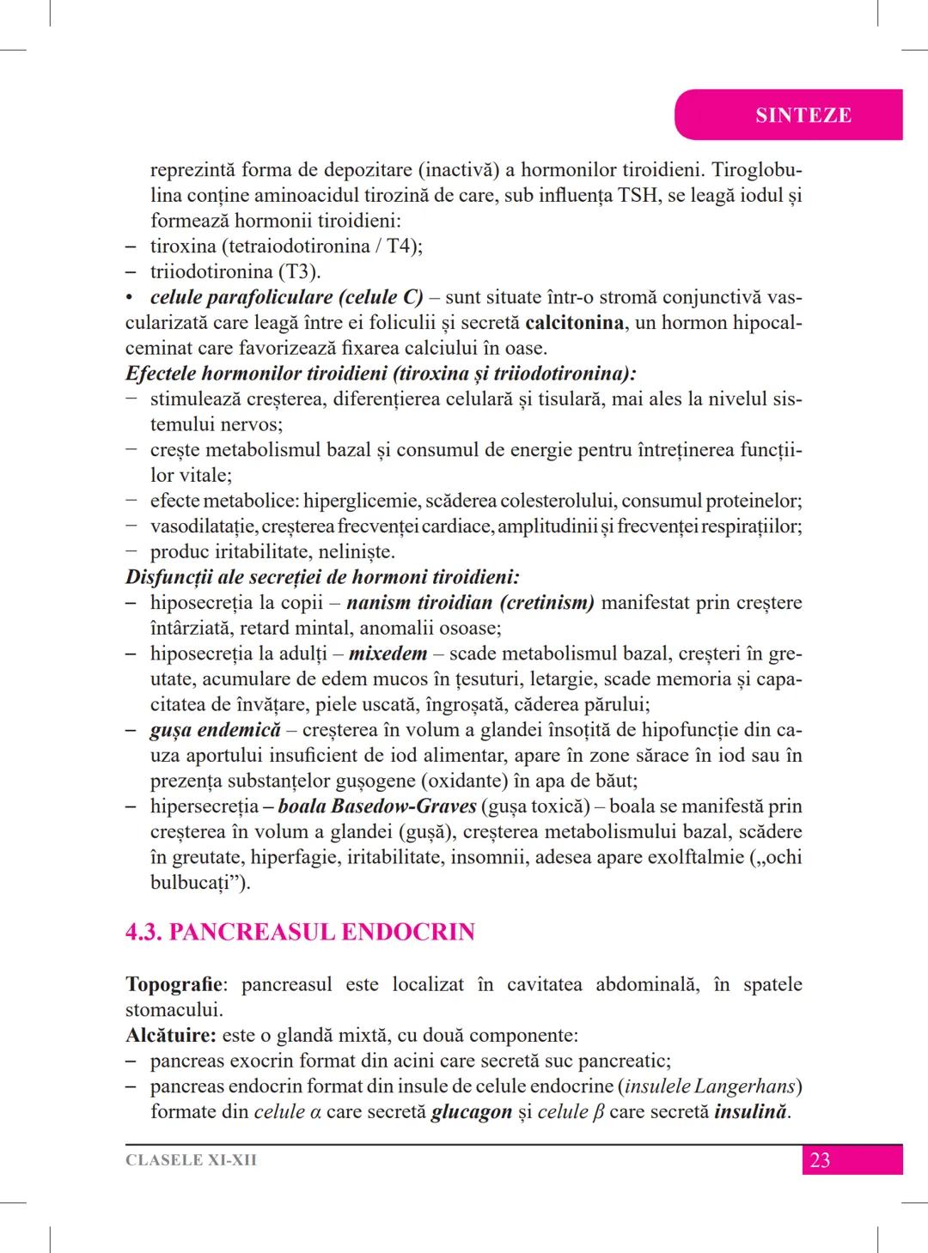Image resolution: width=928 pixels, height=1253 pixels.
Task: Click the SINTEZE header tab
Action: pos(803,115)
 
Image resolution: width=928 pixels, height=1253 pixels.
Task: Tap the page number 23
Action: pos(820,1160)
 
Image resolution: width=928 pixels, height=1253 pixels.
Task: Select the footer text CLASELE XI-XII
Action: pos(191,1160)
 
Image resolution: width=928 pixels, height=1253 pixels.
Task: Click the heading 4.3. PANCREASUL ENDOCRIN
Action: pos(300,932)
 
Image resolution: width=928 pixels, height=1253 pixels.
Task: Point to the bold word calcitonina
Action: pos(574,323)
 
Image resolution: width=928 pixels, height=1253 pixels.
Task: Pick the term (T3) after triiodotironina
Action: pos(297,272)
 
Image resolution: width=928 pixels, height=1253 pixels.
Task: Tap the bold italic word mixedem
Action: pos(388,654)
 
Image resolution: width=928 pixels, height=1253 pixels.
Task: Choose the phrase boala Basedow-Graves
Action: pos(377,806)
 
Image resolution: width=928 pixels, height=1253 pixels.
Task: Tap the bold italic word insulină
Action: pos(750,1111)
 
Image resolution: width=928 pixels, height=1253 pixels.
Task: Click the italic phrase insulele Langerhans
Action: pos(709,1086)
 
